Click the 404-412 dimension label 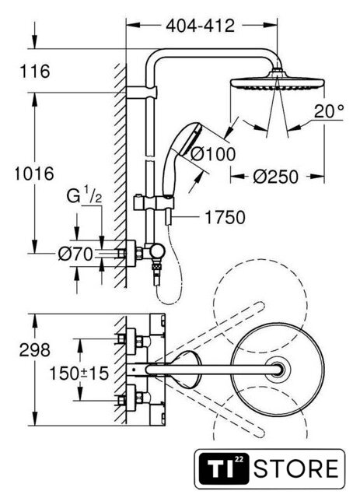(x=201, y=26)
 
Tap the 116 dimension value (x=35, y=71)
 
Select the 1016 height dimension (x=34, y=174)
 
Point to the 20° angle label (x=329, y=111)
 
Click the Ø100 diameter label (x=213, y=154)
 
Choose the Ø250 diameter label (x=276, y=177)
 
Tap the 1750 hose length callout (x=225, y=218)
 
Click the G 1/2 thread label (x=84, y=197)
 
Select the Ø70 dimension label (x=76, y=254)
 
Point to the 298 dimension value (x=35, y=350)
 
